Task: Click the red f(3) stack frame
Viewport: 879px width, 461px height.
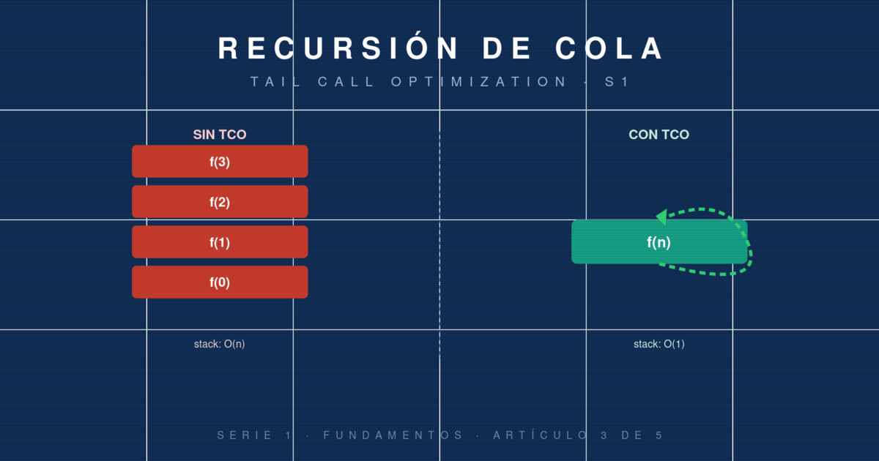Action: [x=220, y=162]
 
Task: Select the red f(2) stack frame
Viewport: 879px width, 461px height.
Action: [x=220, y=202]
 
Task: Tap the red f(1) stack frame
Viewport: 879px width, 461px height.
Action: [x=220, y=242]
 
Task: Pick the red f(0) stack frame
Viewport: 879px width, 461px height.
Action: [x=220, y=282]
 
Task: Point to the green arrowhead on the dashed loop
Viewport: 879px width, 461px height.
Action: [x=661, y=217]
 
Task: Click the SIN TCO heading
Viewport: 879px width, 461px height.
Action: [x=220, y=135]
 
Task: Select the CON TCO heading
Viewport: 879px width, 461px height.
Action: [x=659, y=135]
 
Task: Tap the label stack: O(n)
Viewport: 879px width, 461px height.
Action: [x=220, y=344]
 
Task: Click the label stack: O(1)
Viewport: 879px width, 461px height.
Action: [x=659, y=344]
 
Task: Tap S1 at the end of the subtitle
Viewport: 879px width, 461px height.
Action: [x=617, y=82]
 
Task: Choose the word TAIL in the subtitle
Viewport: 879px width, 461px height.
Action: [x=275, y=82]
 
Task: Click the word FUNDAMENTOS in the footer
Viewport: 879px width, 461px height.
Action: [x=393, y=435]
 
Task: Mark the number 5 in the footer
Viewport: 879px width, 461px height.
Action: [x=659, y=435]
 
